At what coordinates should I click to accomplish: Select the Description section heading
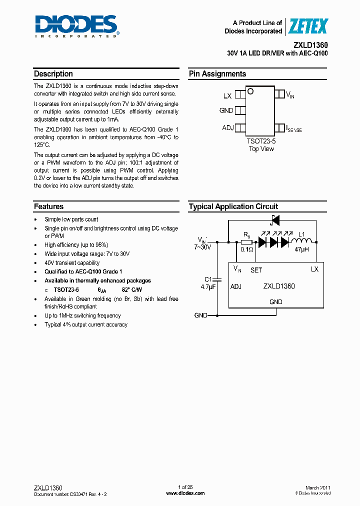coord(53,74)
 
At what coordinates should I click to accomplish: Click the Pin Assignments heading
coord(217,74)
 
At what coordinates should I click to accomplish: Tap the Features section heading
coord(48,206)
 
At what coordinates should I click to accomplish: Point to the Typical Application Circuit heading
coord(233,206)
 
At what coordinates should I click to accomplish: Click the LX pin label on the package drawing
coord(227,95)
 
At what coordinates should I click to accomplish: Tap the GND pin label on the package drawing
coord(226,110)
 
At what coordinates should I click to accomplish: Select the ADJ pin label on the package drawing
coord(228,128)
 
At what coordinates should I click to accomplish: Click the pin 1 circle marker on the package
coord(250,91)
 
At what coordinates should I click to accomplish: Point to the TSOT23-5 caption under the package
coord(261,142)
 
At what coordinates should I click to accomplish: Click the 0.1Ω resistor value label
coord(246,249)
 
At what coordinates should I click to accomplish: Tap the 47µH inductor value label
coord(301,249)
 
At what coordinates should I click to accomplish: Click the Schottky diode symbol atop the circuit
coord(274,220)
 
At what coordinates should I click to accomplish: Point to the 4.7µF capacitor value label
coord(207,287)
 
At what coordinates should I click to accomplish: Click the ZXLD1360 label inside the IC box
coord(279,286)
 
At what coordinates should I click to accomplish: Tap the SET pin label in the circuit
coord(256,270)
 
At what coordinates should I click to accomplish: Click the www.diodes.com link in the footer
coord(185,493)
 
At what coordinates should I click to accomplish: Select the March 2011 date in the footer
coord(318,487)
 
